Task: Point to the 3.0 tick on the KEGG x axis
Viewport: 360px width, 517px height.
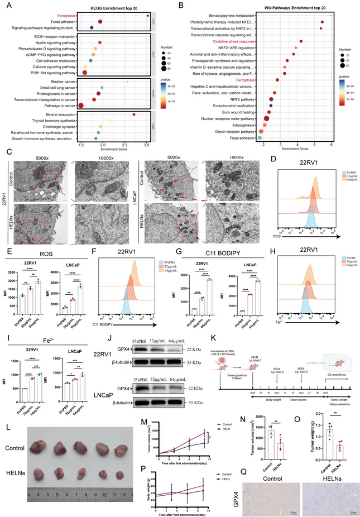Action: pos(147,144)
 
